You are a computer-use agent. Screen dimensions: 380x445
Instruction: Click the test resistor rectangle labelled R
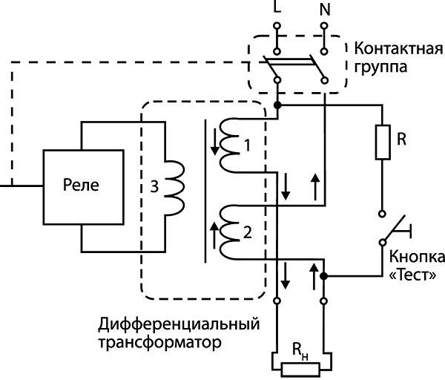click(383, 142)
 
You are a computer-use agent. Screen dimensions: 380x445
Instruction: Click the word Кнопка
click(416, 258)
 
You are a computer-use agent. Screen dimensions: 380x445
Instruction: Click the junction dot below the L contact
click(277, 106)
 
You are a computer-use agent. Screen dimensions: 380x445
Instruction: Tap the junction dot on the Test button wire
click(325, 275)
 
